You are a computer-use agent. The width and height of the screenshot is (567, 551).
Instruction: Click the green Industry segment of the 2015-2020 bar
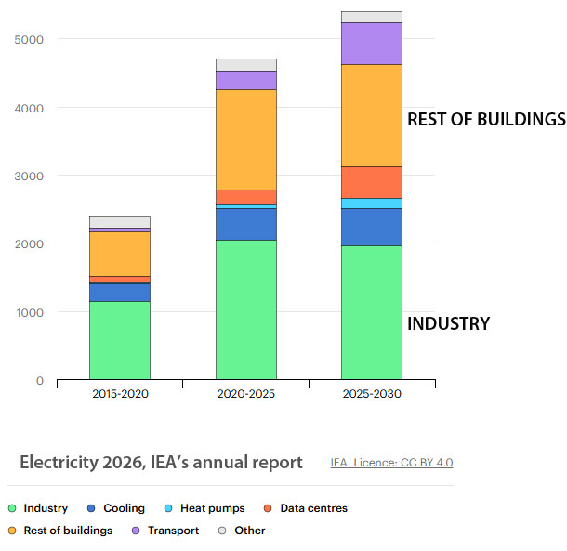(x=120, y=340)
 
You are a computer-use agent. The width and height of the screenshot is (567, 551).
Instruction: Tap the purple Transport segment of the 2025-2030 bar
(x=372, y=44)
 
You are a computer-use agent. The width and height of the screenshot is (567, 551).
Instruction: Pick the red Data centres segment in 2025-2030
(x=372, y=182)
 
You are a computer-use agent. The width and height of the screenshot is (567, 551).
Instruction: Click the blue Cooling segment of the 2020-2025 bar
(x=245, y=224)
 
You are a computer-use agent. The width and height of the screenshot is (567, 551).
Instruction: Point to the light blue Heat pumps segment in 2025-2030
(x=372, y=203)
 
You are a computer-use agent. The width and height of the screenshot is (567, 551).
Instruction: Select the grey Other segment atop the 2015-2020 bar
(x=120, y=222)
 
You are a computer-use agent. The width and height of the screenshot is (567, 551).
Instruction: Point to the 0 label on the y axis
(x=40, y=380)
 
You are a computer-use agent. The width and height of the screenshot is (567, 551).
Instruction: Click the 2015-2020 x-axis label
(x=120, y=394)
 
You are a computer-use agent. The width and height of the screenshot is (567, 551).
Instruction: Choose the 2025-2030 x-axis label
(x=372, y=394)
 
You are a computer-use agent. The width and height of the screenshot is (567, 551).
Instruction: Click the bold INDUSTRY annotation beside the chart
(x=448, y=324)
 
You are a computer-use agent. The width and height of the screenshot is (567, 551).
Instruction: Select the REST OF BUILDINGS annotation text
(x=486, y=120)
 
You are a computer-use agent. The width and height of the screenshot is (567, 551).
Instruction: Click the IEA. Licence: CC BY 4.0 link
(x=391, y=462)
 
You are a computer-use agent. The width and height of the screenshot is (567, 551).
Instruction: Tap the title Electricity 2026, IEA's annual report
(x=161, y=462)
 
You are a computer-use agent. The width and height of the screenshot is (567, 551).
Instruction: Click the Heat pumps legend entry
(x=213, y=508)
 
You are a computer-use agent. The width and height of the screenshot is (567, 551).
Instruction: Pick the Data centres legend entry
(x=313, y=508)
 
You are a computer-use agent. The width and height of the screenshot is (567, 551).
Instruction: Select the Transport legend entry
(x=172, y=531)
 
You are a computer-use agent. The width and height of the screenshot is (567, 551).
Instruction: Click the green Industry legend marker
(x=12, y=508)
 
